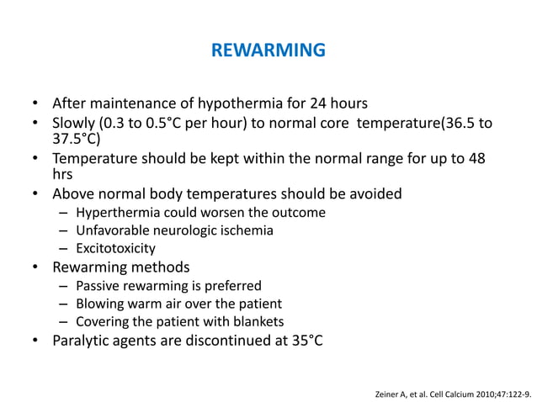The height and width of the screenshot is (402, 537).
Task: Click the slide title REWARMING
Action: (268, 50)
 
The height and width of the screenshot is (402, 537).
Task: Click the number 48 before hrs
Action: (476, 159)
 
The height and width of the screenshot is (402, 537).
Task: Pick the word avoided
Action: (373, 194)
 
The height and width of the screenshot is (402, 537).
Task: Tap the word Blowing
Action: (100, 304)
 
